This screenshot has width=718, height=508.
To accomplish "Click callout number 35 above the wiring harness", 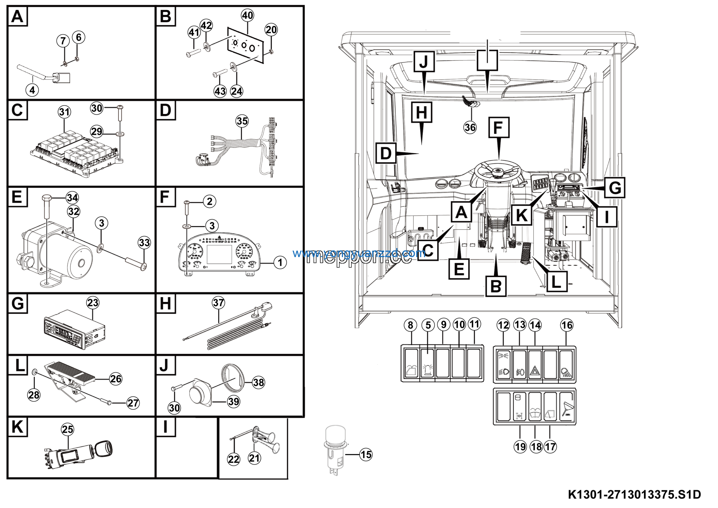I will tap(242, 121).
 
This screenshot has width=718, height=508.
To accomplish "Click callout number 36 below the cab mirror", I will tap(470, 128).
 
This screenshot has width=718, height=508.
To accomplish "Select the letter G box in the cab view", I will tap(614, 188).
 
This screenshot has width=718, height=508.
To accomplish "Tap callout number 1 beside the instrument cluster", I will tap(280, 263).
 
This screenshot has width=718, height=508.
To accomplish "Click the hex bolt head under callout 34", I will tap(46, 198).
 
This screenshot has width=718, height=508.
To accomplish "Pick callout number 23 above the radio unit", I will tap(93, 303).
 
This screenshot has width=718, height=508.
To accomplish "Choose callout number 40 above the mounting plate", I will tap(247, 15).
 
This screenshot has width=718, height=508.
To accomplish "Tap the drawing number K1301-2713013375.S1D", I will tap(634, 495).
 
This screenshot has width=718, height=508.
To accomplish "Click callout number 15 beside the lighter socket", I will tap(366, 454).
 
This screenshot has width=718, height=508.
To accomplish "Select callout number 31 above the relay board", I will tap(65, 112).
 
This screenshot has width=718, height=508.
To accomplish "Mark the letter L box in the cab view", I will tap(556, 282).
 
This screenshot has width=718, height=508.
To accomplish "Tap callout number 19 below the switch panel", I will tap(520, 447).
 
